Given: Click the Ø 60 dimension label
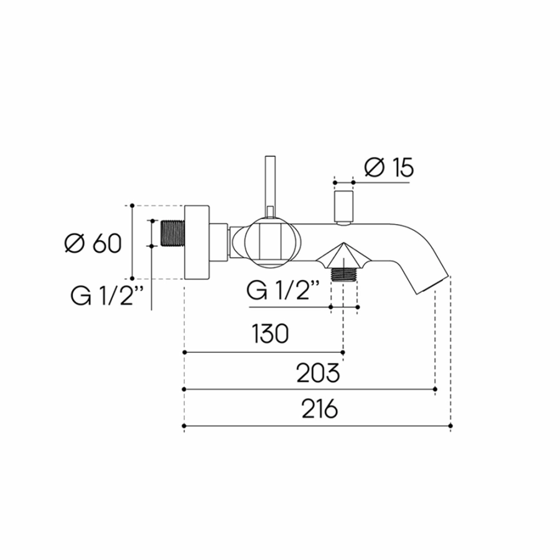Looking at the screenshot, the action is point(93,243).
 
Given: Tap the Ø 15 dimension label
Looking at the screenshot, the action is point(389,167).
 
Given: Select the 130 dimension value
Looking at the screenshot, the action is point(271,334).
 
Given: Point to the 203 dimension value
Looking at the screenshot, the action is point(318,373).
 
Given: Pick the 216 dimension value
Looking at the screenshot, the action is point(320,409).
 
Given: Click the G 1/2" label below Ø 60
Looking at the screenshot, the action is point(107,296).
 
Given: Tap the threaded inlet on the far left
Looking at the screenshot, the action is point(172,233).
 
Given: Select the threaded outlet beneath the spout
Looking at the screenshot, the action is point(343,274).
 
